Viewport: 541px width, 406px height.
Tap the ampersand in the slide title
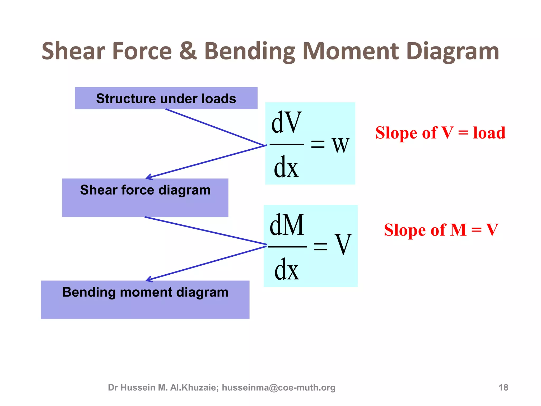(188, 51)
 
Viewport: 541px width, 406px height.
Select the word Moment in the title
(350, 51)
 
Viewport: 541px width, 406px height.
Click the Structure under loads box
(166, 98)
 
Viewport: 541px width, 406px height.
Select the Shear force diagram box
(145, 197)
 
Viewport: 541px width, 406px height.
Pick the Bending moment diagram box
(145, 299)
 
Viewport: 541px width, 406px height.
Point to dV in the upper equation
(286, 123)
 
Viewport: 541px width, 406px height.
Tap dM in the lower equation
(287, 225)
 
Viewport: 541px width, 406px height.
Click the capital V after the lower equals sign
(343, 244)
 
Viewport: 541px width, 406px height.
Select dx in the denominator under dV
(286, 167)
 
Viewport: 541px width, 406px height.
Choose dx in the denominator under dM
(287, 270)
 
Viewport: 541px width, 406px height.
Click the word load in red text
(489, 133)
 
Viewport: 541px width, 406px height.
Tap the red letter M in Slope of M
(458, 230)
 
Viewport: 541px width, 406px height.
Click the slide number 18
(503, 387)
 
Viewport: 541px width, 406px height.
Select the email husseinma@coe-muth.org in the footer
(278, 387)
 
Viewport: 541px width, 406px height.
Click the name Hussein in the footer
(138, 387)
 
